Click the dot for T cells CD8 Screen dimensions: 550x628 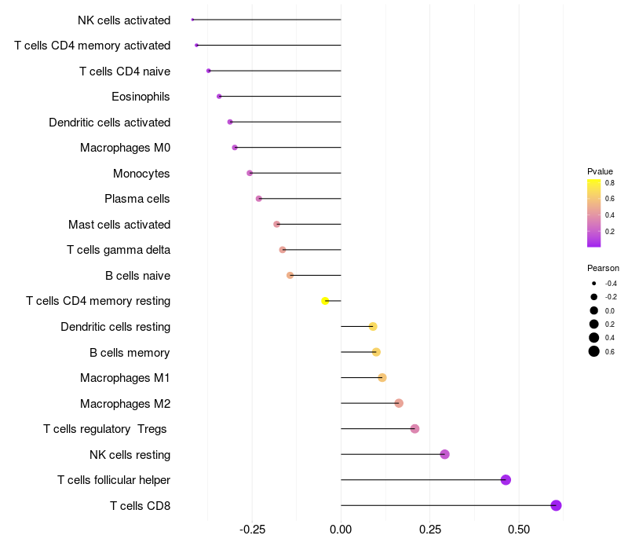point(556,505)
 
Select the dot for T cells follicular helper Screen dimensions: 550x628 point(506,480)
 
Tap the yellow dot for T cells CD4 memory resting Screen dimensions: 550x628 point(325,301)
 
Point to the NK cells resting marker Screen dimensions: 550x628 point(444,454)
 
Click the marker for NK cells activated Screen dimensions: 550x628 point(192,20)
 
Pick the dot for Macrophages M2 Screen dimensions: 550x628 point(399,403)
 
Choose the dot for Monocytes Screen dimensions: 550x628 point(250,173)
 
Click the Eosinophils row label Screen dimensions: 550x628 point(141,97)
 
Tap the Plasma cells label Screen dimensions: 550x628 point(137,199)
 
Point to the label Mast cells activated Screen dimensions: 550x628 point(119,225)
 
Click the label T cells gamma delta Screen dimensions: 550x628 point(119,250)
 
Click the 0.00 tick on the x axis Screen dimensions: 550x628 point(341,530)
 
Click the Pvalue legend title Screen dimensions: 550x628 point(600,171)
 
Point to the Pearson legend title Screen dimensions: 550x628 point(603,268)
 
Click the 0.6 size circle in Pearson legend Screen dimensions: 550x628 point(594,351)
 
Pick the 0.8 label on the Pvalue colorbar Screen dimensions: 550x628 point(609,183)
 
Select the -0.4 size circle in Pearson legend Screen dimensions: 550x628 point(594,284)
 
